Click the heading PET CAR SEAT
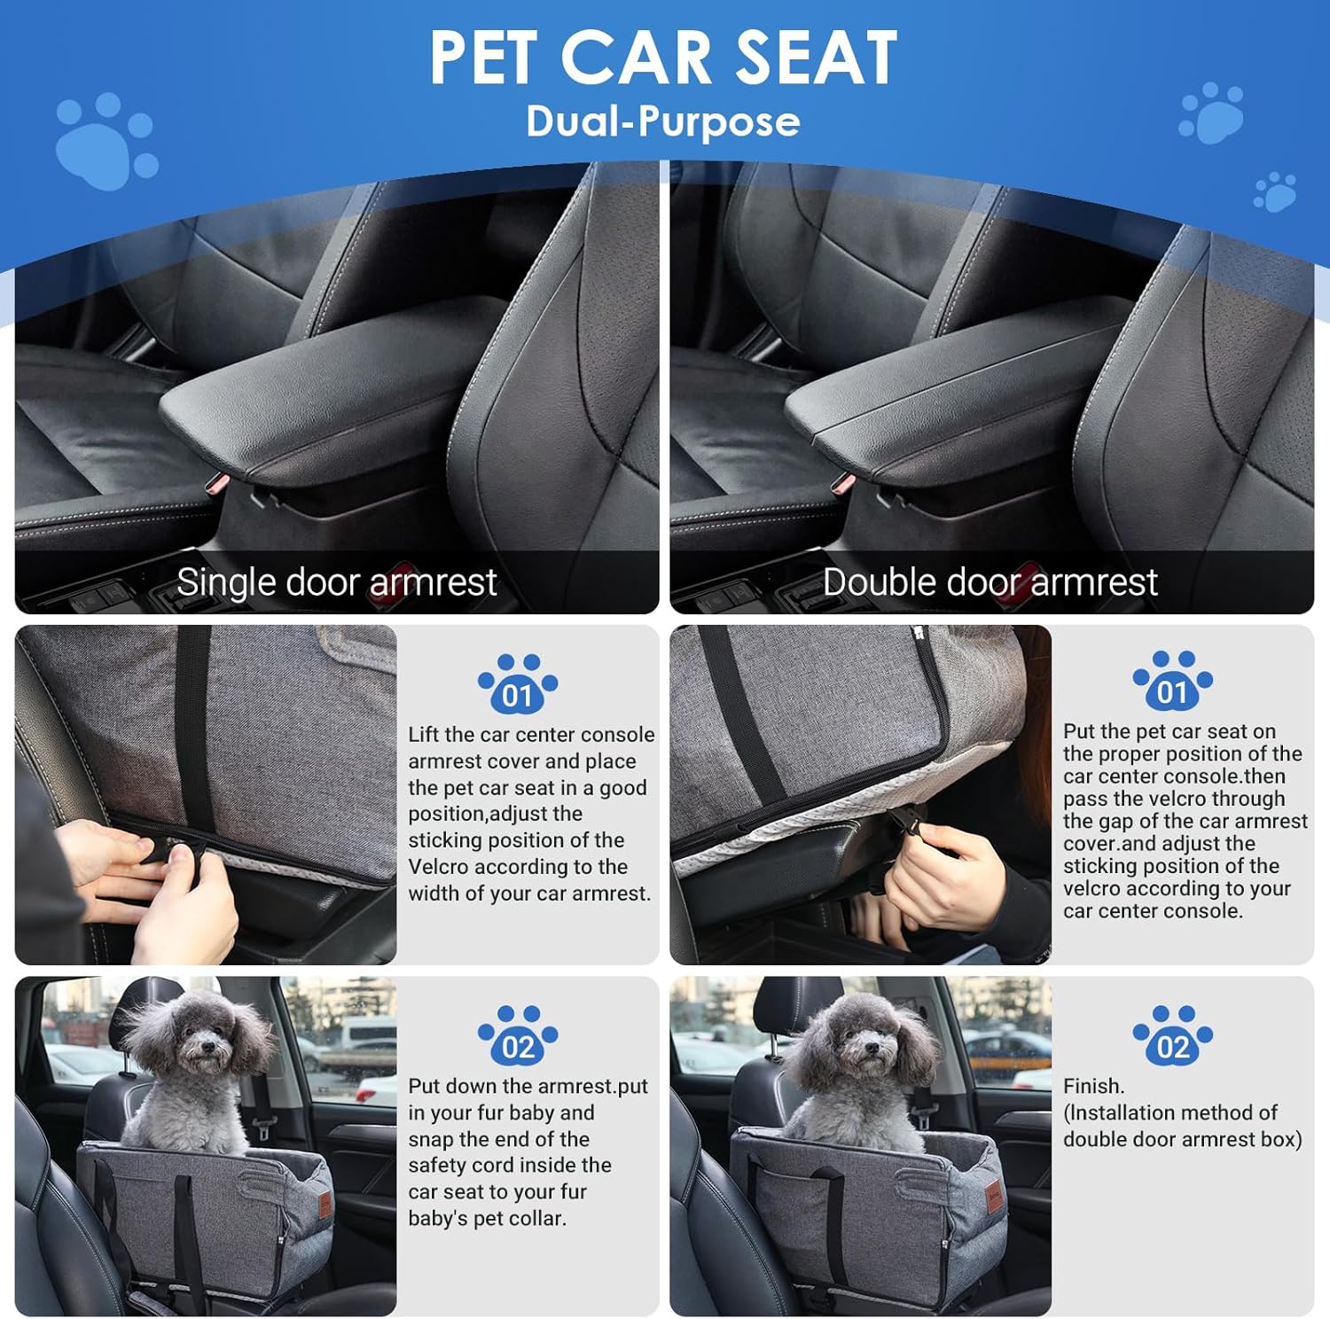pos(663,58)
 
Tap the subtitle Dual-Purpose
pos(663,121)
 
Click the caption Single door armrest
pos(337,582)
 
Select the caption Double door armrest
pos(990,582)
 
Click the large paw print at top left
pos(105,142)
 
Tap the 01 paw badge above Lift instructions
pos(518,684)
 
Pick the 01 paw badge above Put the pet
pos(1173,681)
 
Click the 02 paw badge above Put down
pos(518,1035)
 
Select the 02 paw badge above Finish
pos(1173,1035)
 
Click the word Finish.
pos(1093,1086)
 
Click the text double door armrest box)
pos(1183,1139)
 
